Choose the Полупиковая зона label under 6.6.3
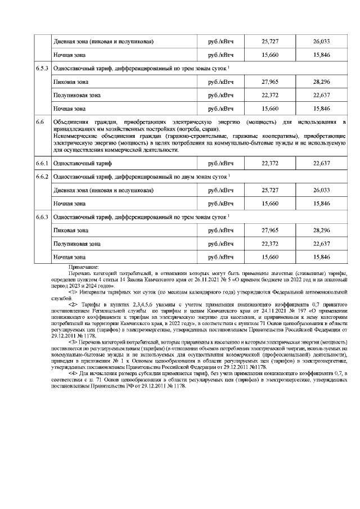[x=77, y=244]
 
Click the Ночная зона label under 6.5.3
[x=69, y=108]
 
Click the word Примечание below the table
[x=83, y=267]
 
